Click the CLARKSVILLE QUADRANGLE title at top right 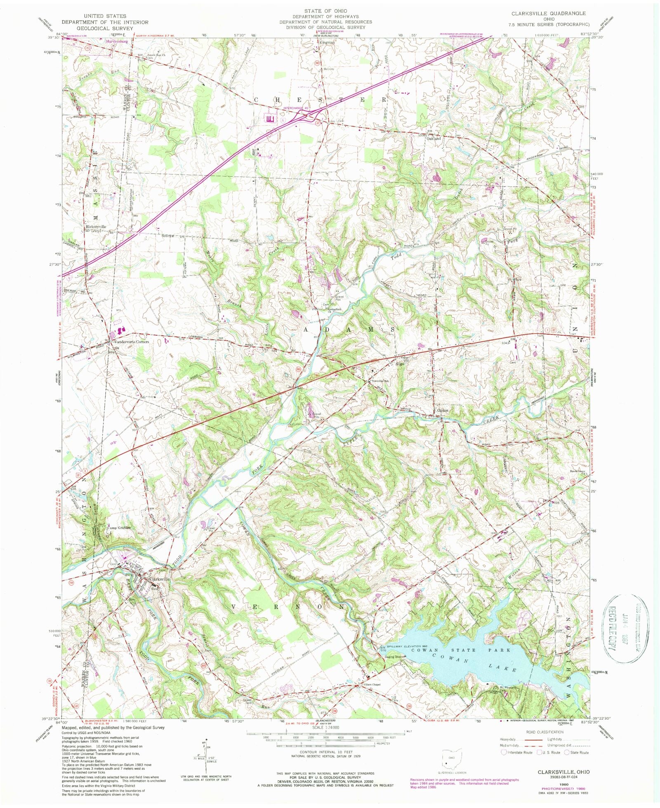point(548,13)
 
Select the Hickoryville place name point(96,226)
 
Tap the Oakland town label point(433,139)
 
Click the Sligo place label point(399,364)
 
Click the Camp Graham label point(119,527)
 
